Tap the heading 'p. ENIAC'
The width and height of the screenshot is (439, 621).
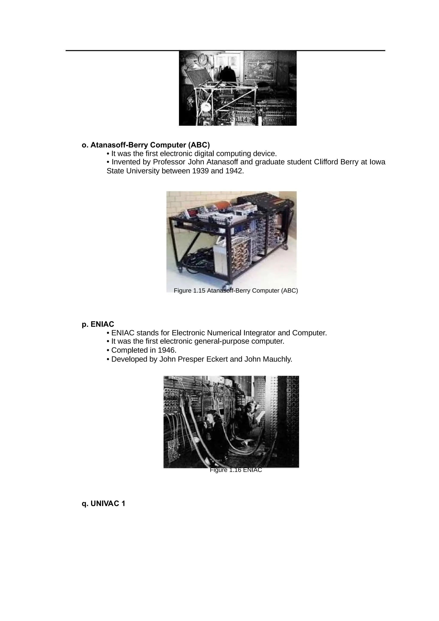(x=98, y=324)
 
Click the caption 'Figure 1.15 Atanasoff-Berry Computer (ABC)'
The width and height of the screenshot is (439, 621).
(x=236, y=291)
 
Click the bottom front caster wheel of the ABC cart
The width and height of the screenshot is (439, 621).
(x=227, y=287)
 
